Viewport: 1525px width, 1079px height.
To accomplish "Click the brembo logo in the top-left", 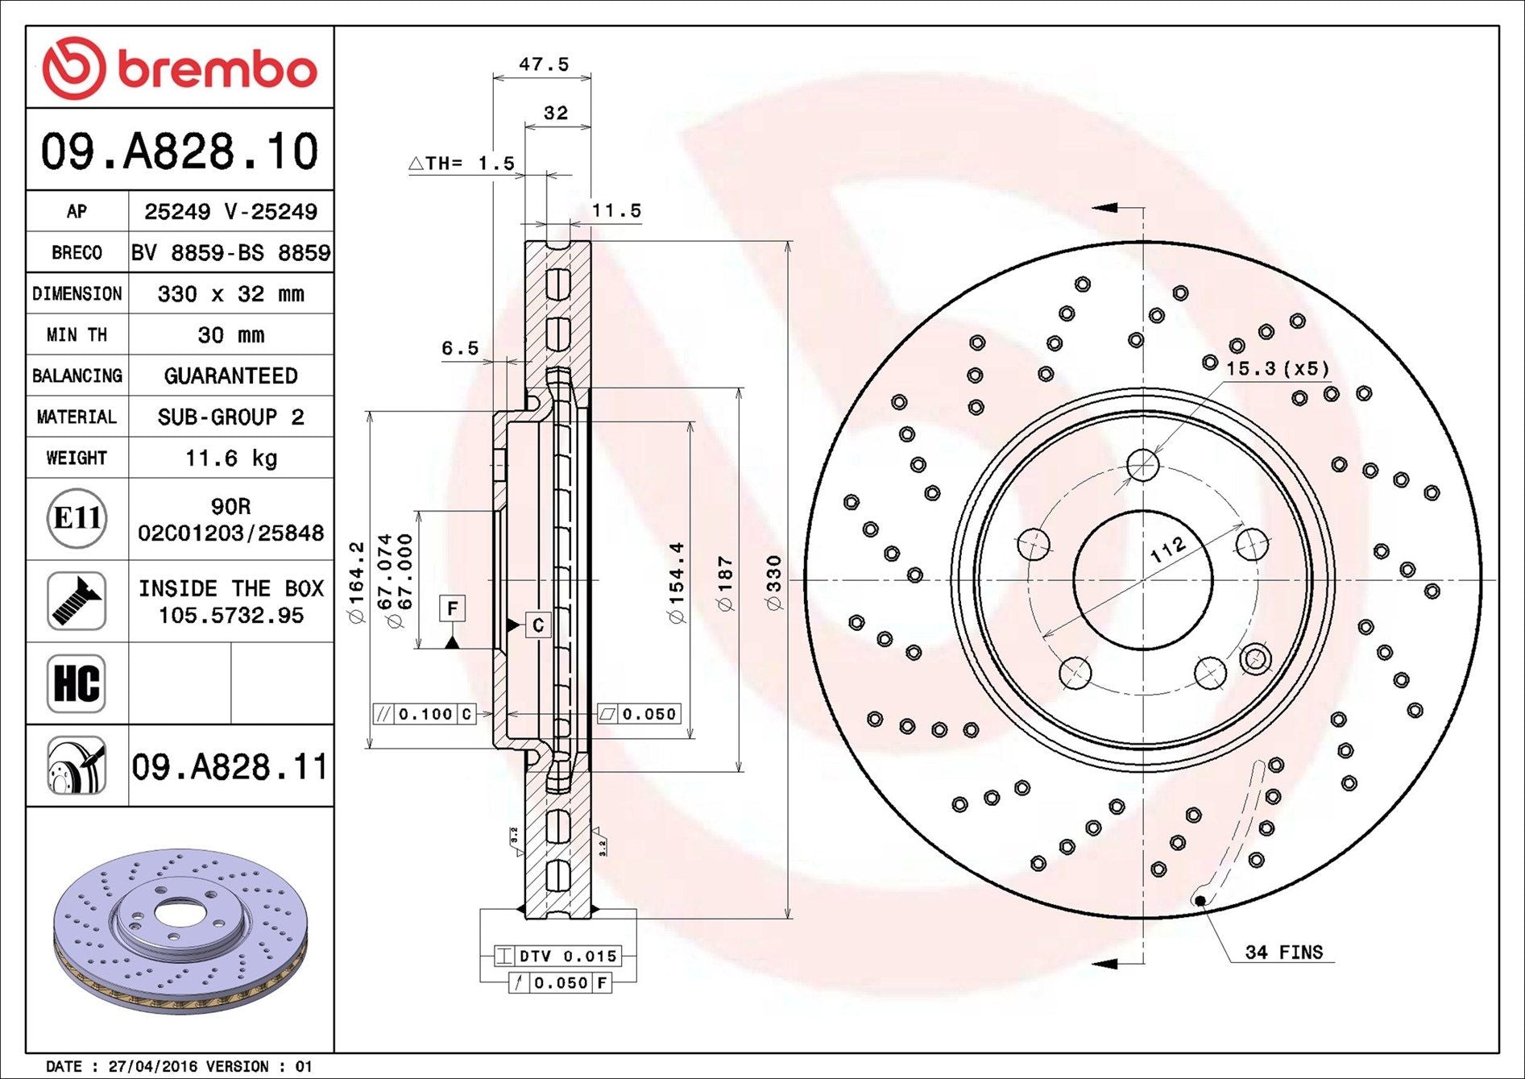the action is pyautogui.click(x=179, y=68).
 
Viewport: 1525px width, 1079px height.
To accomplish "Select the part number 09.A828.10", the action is pyautogui.click(x=180, y=151).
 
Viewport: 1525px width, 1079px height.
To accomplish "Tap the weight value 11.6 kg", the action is pyautogui.click(x=231, y=458).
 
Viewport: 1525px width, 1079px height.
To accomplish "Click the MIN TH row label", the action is pyautogui.click(x=77, y=334).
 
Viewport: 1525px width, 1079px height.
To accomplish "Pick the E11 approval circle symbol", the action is pyautogui.click(x=77, y=517).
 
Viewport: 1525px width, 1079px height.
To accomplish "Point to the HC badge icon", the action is pyautogui.click(x=77, y=683).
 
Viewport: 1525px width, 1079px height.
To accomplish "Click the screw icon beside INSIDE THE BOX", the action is pyautogui.click(x=77, y=601).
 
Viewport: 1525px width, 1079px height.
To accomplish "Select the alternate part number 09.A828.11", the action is pyautogui.click(x=230, y=766).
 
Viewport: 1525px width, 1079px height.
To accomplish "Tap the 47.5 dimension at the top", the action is pyautogui.click(x=544, y=64).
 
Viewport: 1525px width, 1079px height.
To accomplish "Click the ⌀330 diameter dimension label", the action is pyautogui.click(x=773, y=583).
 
